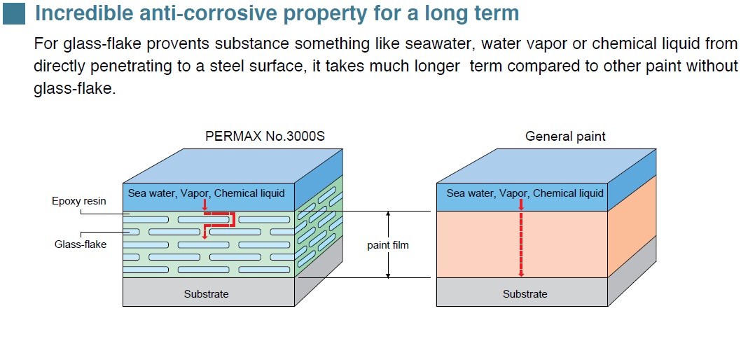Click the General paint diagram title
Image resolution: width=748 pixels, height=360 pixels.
click(x=565, y=137)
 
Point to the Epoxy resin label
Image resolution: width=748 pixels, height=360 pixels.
click(x=79, y=201)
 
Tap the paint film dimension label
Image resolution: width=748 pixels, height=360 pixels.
click(x=387, y=245)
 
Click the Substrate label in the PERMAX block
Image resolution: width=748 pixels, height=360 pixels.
click(x=206, y=294)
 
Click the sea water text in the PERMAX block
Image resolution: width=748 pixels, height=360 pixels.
click(x=206, y=193)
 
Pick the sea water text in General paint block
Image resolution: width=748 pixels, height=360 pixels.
click(x=525, y=193)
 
